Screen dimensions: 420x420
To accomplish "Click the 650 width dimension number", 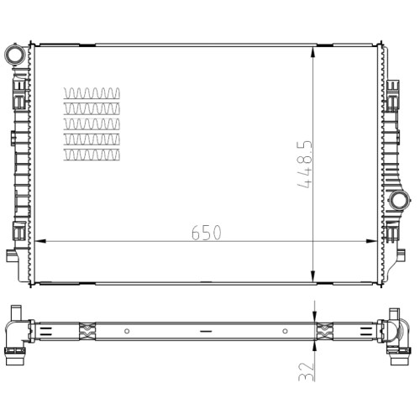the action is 207,232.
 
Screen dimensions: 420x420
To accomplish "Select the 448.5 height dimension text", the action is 304,164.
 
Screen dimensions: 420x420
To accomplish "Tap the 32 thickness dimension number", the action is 306,371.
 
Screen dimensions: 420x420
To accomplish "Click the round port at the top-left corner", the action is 15,55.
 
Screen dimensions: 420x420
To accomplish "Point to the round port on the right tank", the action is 400,200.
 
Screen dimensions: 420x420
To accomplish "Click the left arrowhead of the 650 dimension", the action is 40,241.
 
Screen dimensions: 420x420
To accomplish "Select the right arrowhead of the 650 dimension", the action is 371,241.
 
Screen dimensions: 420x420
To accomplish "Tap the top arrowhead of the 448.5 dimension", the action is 313,52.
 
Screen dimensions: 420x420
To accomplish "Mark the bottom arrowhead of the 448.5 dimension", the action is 313,276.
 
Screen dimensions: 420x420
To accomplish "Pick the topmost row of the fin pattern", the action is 92,93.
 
